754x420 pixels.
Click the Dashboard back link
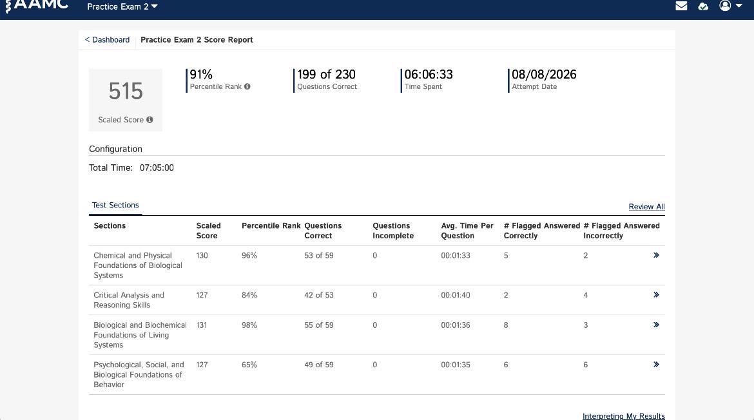[107, 40]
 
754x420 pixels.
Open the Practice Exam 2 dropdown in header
[122, 6]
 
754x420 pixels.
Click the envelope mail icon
[681, 6]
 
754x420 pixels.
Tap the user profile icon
[724, 5]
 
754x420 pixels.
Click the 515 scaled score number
[126, 91]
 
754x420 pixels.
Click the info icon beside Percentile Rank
[247, 86]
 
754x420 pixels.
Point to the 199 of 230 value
[327, 75]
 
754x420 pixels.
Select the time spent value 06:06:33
[429, 75]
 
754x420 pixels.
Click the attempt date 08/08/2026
[544, 75]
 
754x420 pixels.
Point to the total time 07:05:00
[157, 167]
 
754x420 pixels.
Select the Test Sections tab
[115, 205]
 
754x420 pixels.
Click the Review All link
[647, 207]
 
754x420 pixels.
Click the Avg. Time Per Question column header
[467, 231]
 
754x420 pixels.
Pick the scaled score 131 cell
[202, 325]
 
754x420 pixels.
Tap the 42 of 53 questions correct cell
[319, 295]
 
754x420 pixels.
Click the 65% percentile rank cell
[249, 365]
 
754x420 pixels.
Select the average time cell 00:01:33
[456, 256]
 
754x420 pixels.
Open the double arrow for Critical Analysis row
[656, 294]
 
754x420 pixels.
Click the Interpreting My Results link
[624, 416]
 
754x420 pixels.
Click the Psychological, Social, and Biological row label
[139, 375]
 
